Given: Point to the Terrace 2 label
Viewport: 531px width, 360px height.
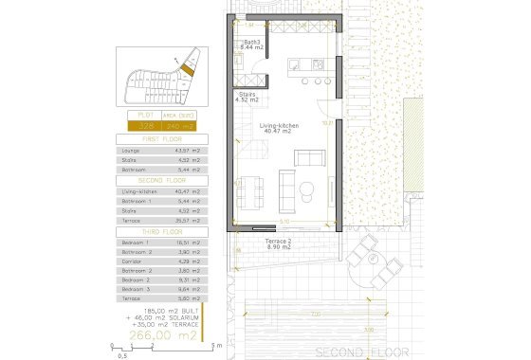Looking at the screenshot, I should [251, 243].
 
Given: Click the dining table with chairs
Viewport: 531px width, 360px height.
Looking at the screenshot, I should [251, 193].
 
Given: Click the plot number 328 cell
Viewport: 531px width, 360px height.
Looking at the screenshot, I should [146, 125].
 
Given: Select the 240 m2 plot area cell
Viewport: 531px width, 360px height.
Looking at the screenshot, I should [180, 125].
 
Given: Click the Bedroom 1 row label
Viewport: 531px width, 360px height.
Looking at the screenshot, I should [136, 242].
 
